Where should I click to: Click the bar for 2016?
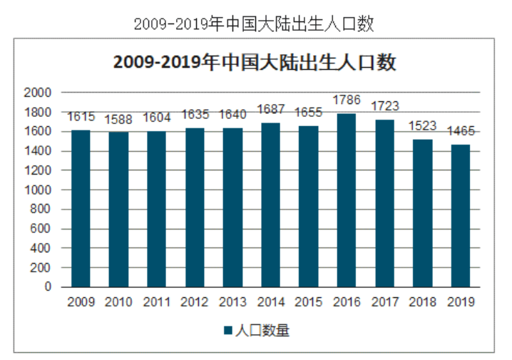tap(347, 200)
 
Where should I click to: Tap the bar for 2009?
tap(81, 208)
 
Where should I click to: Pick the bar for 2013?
tap(232, 207)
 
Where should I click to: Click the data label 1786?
tap(347, 100)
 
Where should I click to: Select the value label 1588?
tap(118, 119)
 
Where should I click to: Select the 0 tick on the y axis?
tap(47, 287)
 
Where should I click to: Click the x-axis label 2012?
tap(195, 302)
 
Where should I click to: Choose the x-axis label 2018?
tap(422, 302)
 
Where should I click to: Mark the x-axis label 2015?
tap(308, 302)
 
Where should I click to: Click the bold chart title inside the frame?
tap(255, 63)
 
